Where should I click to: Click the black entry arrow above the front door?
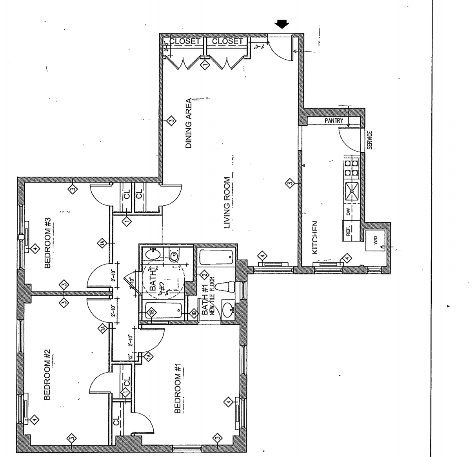click(x=282, y=25)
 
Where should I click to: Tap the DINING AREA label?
click(x=189, y=123)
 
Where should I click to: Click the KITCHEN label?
click(x=314, y=237)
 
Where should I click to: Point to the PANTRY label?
click(x=334, y=121)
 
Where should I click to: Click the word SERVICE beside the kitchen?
click(x=369, y=141)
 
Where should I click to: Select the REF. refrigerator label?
click(x=348, y=230)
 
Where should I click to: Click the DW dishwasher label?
click(x=348, y=212)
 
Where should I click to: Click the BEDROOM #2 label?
click(x=48, y=375)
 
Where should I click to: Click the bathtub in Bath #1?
click(x=216, y=258)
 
